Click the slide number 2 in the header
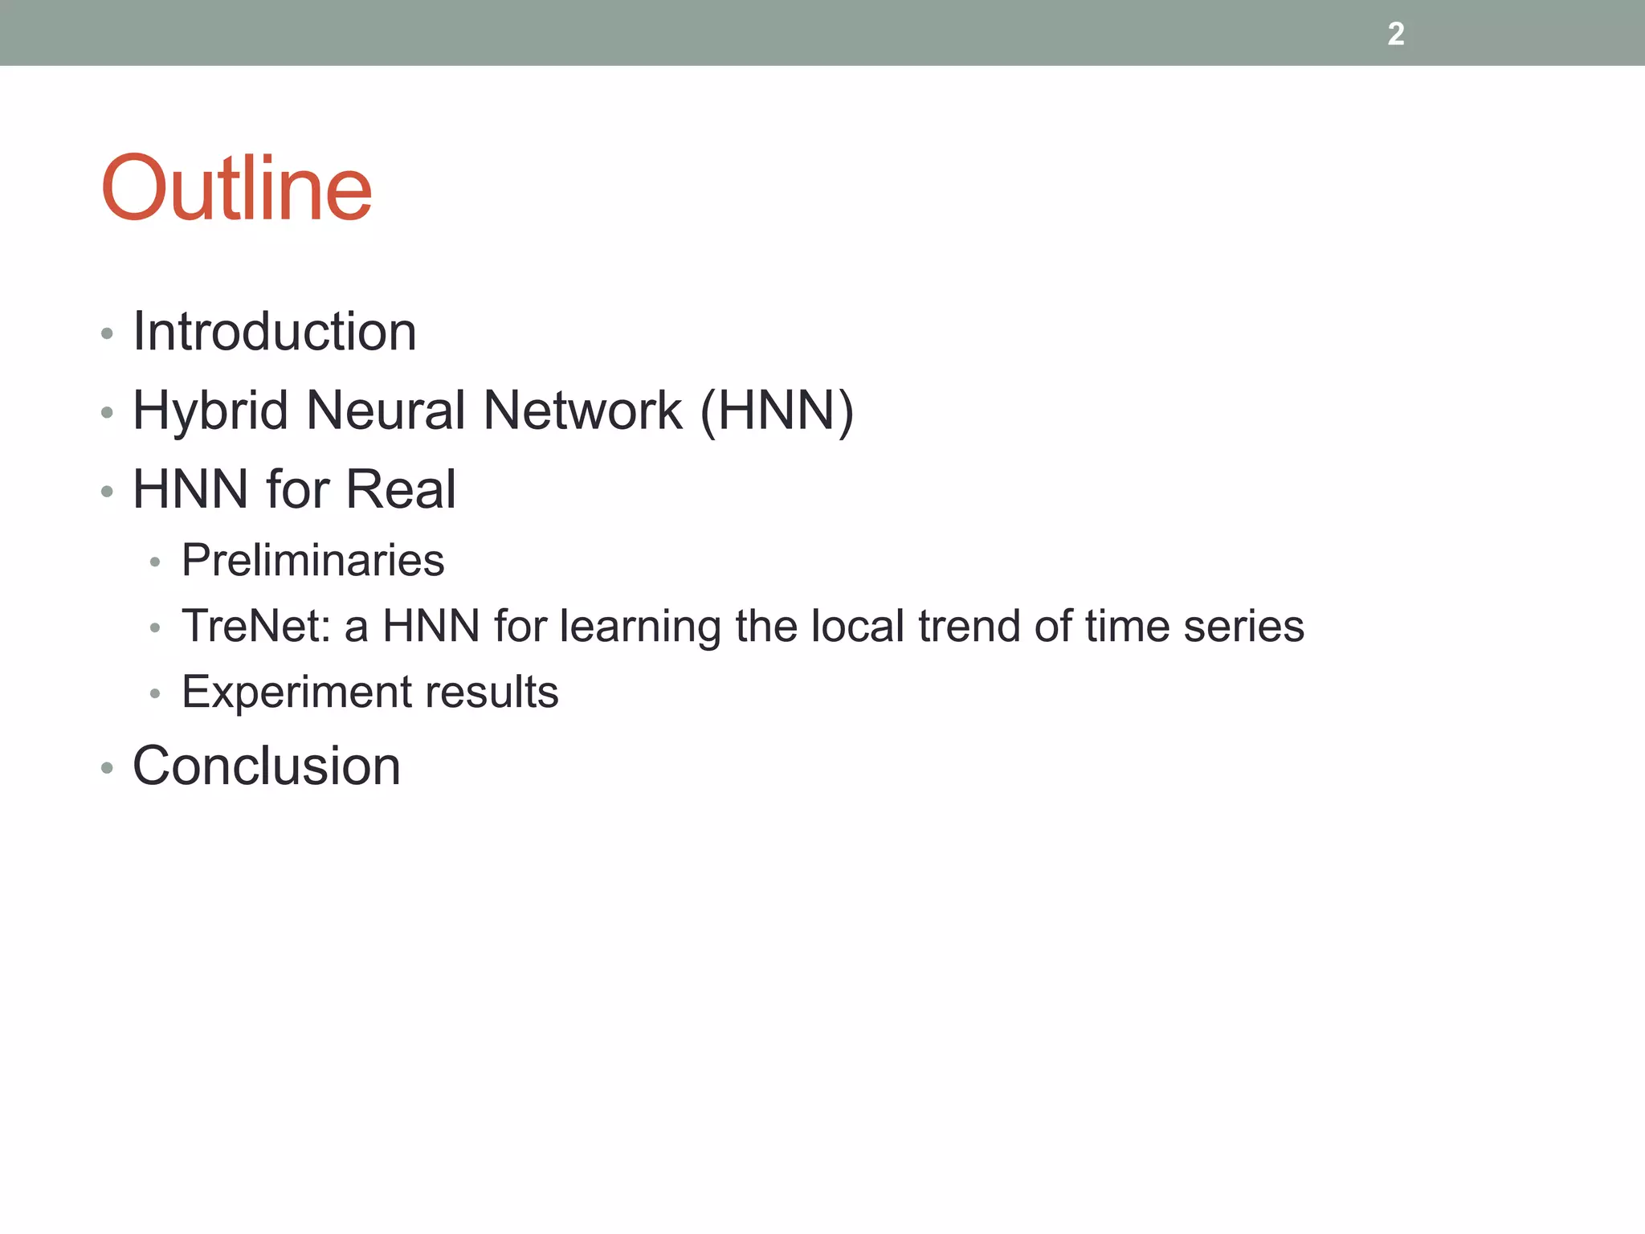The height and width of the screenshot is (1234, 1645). click(x=1396, y=34)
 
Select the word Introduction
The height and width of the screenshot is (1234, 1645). click(x=275, y=331)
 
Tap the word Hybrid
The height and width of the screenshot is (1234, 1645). click(x=210, y=411)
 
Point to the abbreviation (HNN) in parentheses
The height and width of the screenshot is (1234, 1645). click(x=777, y=411)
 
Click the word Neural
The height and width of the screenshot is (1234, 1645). click(x=386, y=411)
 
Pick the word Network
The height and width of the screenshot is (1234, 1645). click(x=582, y=411)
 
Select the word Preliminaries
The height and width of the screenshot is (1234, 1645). click(x=312, y=560)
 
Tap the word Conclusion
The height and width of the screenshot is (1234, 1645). click(x=266, y=766)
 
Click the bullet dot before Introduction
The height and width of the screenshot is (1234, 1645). click(x=107, y=333)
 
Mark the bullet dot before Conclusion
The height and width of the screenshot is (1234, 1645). click(x=107, y=769)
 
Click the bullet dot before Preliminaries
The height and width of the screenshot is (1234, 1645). click(x=155, y=562)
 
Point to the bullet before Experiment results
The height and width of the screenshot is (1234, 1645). click(x=155, y=694)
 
